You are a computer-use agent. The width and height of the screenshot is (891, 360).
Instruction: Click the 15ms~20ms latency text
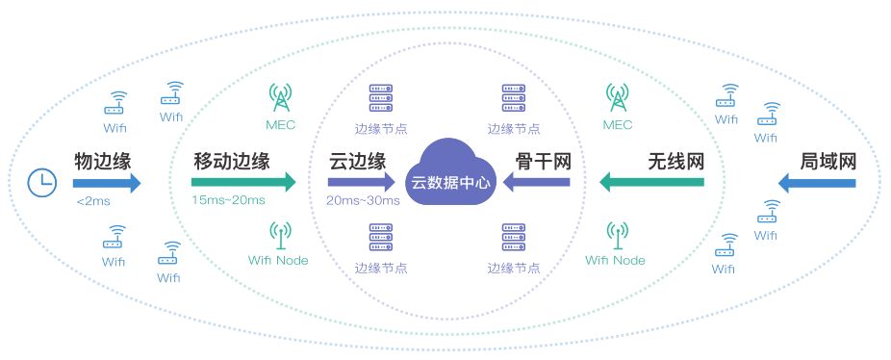point(228,200)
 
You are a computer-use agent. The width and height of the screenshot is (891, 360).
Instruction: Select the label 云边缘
point(357,160)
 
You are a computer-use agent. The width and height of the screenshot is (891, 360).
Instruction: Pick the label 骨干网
point(543,160)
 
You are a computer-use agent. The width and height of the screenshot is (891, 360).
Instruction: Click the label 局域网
point(828,160)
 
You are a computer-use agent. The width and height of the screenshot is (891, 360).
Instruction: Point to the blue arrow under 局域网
point(817,182)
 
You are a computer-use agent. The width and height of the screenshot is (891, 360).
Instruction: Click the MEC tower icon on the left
point(281,97)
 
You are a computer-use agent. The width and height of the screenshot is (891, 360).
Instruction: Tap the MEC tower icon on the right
point(617,97)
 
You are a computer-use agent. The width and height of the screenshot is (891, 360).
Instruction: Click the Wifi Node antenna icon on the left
point(279,234)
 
